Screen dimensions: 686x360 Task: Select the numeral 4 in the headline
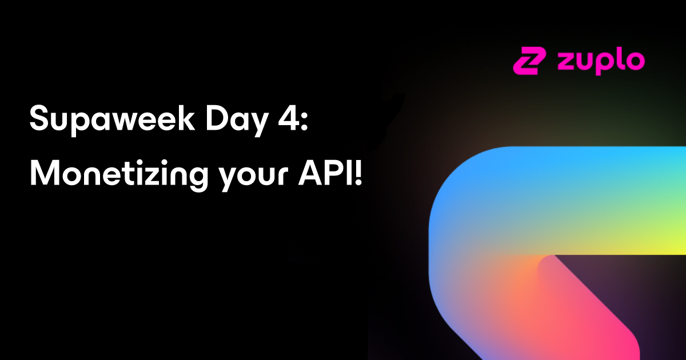(x=289, y=118)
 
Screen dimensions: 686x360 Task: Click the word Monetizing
(x=119, y=175)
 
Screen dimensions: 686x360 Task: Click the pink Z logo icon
(x=529, y=61)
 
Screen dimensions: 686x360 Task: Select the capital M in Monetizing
(x=45, y=173)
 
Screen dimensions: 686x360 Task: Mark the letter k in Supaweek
(x=186, y=118)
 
